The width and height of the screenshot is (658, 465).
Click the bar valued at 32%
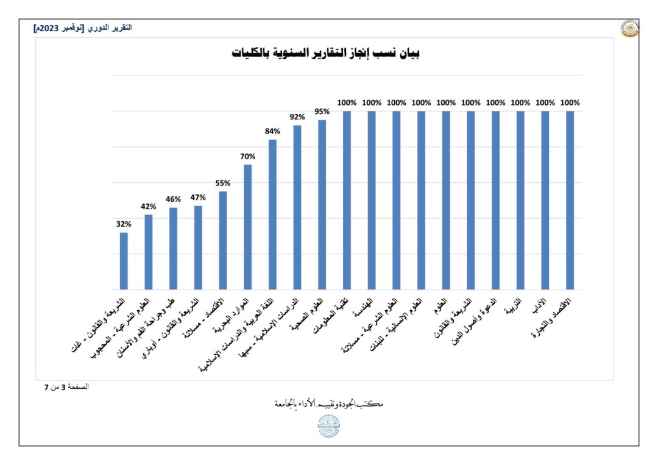[x=124, y=261]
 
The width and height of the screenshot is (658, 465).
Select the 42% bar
[x=149, y=252]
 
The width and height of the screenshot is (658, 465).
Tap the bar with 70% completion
[x=248, y=227]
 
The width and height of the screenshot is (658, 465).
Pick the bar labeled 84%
[x=273, y=215]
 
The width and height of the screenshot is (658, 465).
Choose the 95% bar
[x=322, y=204]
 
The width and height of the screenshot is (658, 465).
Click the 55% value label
[x=223, y=183]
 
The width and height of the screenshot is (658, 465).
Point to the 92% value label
[x=297, y=116]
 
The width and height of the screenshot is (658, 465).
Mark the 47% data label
[x=198, y=197]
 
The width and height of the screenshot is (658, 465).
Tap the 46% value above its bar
[x=173, y=199]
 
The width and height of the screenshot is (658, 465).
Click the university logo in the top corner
[x=629, y=29]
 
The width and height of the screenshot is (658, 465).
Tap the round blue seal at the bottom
[x=329, y=426]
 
